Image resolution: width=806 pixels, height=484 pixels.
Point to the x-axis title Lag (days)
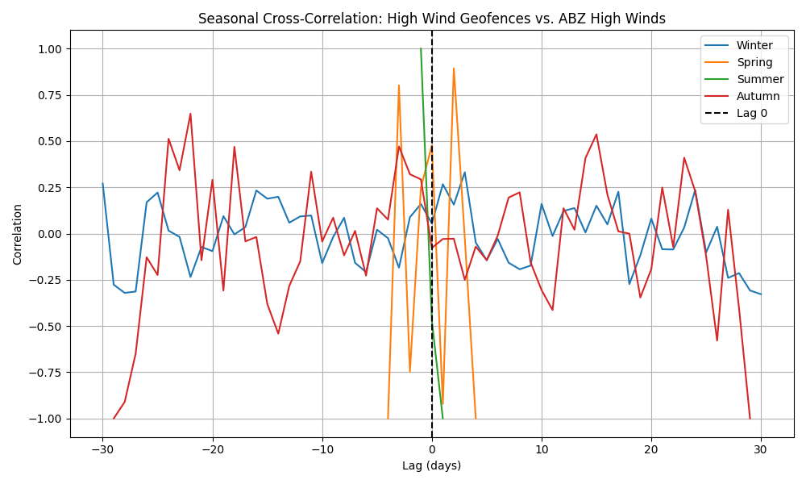pos(431,465)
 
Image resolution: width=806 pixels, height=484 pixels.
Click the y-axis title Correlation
pos(18,234)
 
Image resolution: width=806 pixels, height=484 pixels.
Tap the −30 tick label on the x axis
pos(102,449)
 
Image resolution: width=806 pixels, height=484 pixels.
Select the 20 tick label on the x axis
pos(651,449)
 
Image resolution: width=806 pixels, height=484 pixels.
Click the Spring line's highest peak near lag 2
pos(454,69)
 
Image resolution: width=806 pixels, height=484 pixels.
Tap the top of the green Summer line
pos(421,48)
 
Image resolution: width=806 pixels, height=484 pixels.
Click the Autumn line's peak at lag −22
pos(190,114)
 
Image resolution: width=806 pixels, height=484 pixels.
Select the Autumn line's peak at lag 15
pos(596,134)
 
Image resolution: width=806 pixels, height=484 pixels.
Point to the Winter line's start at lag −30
pos(102,184)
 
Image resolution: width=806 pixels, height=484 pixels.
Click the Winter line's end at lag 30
pos(761,294)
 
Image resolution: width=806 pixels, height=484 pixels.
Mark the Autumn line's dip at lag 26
pos(717,340)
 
